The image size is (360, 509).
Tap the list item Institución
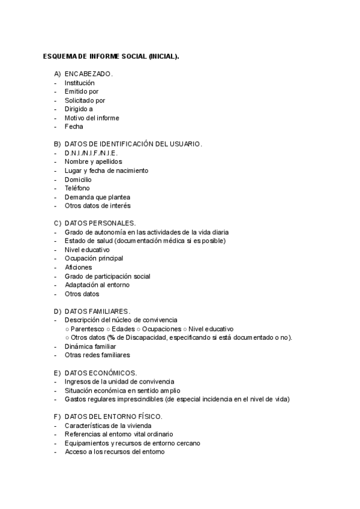80,83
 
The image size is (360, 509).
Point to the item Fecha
74,127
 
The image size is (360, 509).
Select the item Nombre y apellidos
93,161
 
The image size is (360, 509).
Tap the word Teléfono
77,188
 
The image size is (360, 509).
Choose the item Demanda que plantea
97,197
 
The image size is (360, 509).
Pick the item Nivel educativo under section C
87,250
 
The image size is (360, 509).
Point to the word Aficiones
79,267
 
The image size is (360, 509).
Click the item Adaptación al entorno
97,285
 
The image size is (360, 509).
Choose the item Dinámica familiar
91,346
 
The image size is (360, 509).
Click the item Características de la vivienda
108,426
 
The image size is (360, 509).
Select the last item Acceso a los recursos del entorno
114,452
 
